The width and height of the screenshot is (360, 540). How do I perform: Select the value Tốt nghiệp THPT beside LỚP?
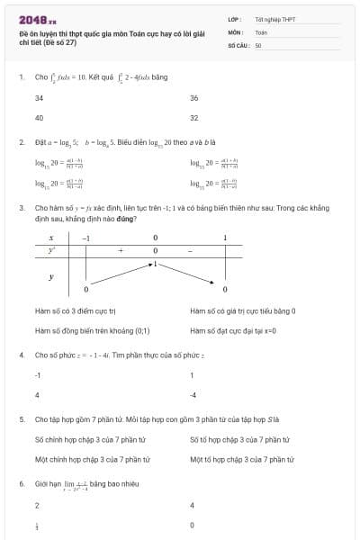pyautogui.click(x=274, y=18)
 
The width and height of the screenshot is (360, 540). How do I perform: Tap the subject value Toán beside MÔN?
pyautogui.click(x=261, y=31)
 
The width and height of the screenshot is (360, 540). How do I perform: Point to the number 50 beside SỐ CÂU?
pyautogui.click(x=258, y=45)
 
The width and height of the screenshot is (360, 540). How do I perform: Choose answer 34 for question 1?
pyautogui.click(x=39, y=97)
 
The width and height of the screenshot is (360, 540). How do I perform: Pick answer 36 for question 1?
pyautogui.click(x=194, y=97)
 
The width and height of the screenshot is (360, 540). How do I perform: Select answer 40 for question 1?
pyautogui.click(x=39, y=118)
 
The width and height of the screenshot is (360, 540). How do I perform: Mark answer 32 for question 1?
pyautogui.click(x=194, y=118)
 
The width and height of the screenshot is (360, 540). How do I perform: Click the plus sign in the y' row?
pyautogui.click(x=121, y=250)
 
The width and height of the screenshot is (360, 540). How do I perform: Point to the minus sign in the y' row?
pyautogui.click(x=190, y=250)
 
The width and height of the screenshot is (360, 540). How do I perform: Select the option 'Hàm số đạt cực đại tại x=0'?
pyautogui.click(x=233, y=330)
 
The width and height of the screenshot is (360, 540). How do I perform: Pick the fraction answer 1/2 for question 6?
pyautogui.click(x=37, y=525)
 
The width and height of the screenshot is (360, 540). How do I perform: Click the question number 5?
pyautogui.click(x=21, y=419)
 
